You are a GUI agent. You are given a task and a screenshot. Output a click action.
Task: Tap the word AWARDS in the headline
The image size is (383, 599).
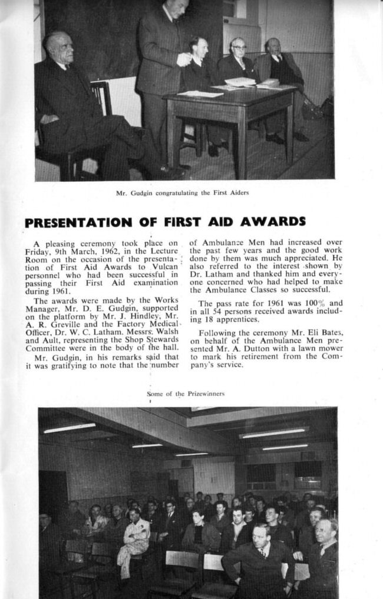(x=273, y=221)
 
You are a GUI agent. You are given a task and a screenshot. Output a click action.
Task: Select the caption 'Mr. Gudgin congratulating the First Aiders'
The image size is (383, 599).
(x=181, y=193)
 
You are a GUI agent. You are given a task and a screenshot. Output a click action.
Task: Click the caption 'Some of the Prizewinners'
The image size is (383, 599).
(x=186, y=394)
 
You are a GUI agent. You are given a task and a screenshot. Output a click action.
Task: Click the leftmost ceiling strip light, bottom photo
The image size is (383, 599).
(x=69, y=428)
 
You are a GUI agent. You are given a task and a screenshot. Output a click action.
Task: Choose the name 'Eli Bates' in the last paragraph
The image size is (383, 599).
(x=326, y=332)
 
